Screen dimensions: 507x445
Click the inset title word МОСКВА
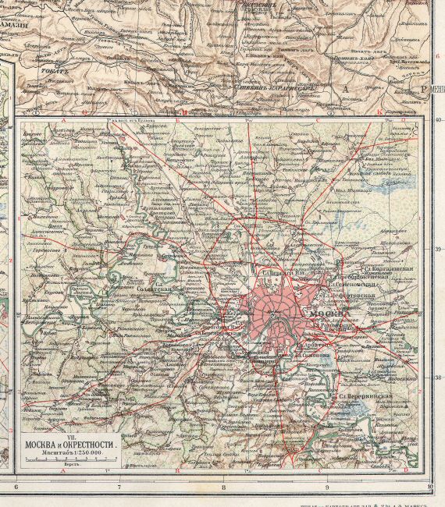tap(41, 445)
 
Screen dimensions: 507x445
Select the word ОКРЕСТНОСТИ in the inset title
tap(91, 445)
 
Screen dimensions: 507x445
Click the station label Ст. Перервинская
tap(363, 395)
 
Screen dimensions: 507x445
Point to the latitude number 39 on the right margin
tap(438, 249)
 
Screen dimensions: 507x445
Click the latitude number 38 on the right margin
tap(438, 377)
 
